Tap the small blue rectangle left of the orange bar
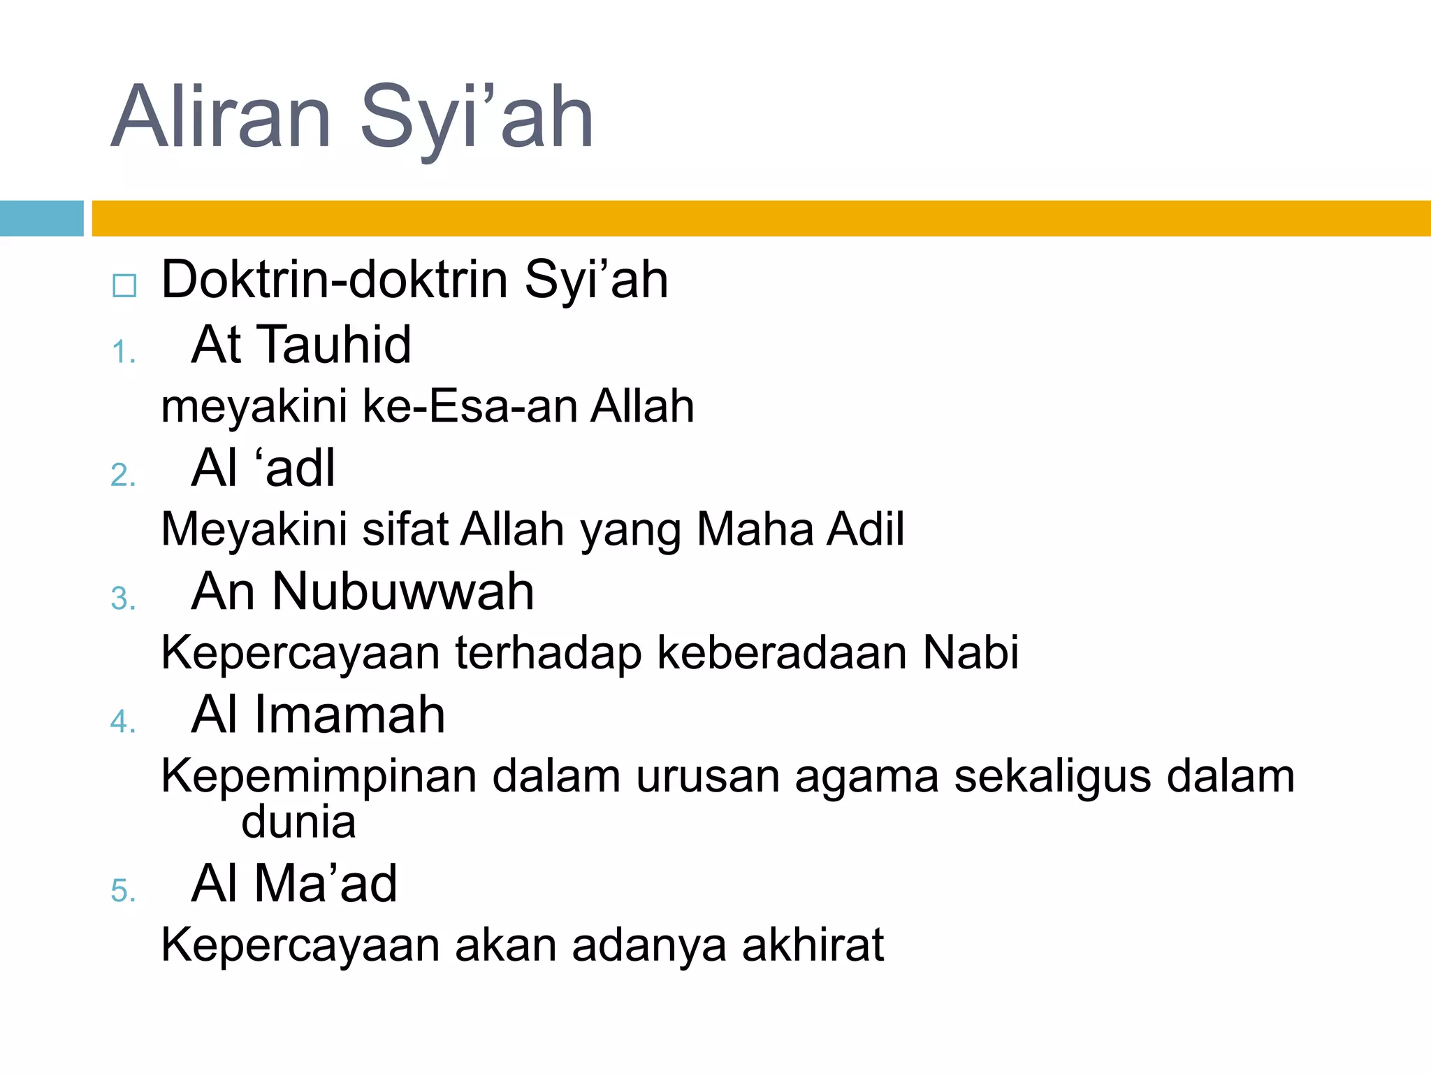click(41, 218)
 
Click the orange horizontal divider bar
click(760, 218)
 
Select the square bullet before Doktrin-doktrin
click(124, 285)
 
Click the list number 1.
click(122, 352)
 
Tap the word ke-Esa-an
click(468, 406)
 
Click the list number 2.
click(122, 475)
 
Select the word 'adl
click(299, 468)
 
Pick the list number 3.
click(122, 599)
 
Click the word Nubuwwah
click(403, 592)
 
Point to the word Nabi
click(971, 652)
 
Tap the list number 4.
click(122, 722)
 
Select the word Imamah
click(349, 715)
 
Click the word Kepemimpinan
click(319, 776)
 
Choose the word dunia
click(298, 822)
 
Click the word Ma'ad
click(326, 884)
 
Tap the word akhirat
click(813, 945)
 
